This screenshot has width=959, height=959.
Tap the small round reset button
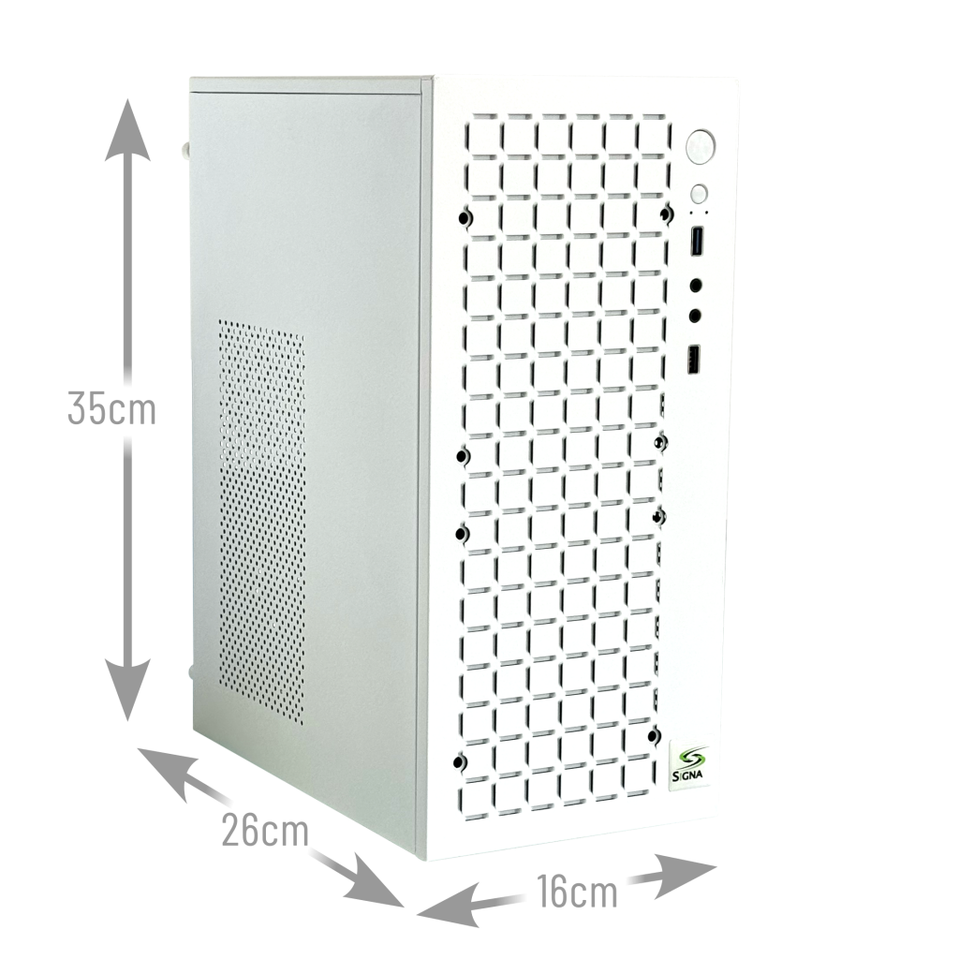coord(699,194)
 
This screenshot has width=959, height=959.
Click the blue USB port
coord(696,242)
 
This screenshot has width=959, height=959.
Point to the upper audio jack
coord(697,285)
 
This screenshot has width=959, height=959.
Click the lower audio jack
coord(696,316)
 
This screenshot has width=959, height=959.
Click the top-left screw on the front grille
coord(465,219)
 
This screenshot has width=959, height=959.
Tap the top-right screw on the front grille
coord(664,214)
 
